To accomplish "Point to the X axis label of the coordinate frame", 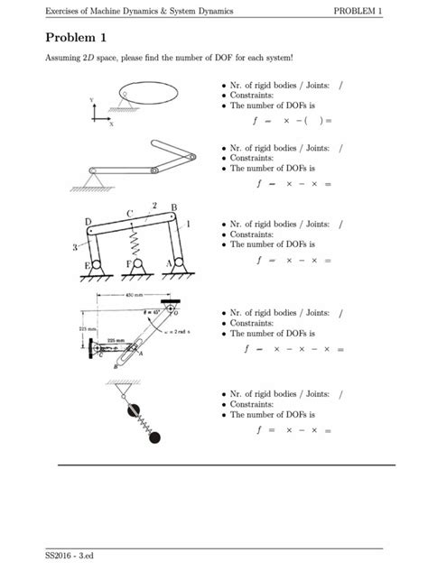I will click(111, 124).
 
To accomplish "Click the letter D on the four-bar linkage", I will click(88, 222).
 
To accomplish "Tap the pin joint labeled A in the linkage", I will click(179, 262).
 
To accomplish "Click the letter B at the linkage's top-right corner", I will click(173, 208).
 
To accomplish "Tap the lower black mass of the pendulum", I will click(154, 438).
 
